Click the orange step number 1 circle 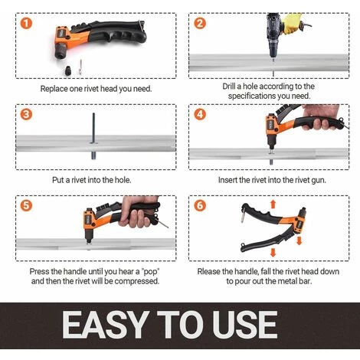click(x=26, y=23)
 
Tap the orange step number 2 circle click(x=200, y=23)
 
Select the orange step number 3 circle click(x=26, y=114)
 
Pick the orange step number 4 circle click(x=200, y=114)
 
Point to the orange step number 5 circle click(x=26, y=205)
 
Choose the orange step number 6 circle click(x=200, y=205)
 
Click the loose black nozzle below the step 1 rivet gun click(x=68, y=70)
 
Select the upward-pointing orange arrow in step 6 click(x=273, y=205)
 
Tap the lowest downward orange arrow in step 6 click(x=273, y=252)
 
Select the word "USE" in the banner click(x=245, y=325)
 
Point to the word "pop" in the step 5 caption click(x=150, y=272)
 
